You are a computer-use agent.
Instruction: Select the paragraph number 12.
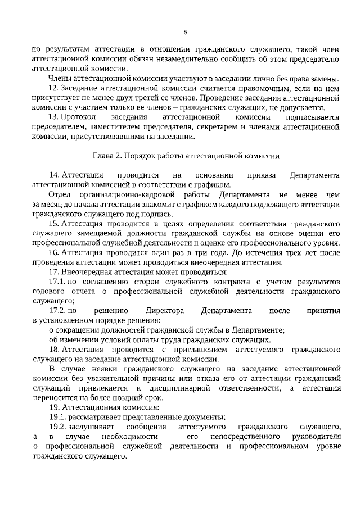point(53,88)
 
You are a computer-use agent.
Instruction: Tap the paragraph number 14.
point(53,175)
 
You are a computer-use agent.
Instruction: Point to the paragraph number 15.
point(53,224)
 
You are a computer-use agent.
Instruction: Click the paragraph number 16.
point(53,253)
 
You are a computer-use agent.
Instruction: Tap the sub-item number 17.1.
point(57,282)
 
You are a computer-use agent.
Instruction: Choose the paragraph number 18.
point(53,349)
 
